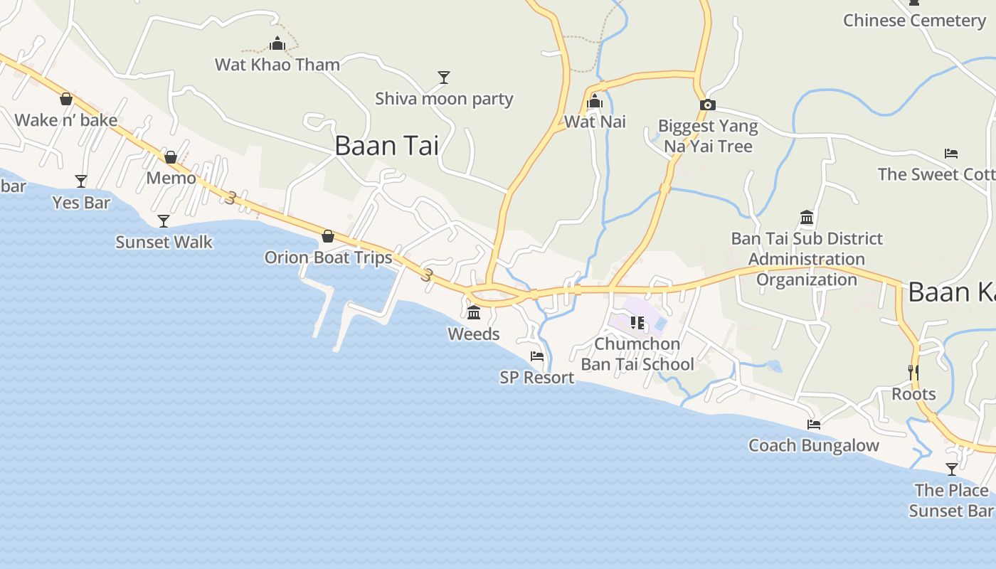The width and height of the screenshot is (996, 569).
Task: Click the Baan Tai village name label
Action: point(386,146)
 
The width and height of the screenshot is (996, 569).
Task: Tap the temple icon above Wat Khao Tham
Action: point(277,44)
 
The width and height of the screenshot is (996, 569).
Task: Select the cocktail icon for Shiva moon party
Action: point(444,77)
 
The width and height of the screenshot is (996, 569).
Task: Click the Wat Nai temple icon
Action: point(595,102)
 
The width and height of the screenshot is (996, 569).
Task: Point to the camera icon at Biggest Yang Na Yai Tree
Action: point(707,105)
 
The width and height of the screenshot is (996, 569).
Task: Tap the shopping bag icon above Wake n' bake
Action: point(66,99)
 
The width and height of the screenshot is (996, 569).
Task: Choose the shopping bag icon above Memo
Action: point(171,157)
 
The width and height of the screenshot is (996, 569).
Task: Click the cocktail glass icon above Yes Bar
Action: point(81,181)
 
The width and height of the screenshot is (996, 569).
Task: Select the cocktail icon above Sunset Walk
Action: point(164,221)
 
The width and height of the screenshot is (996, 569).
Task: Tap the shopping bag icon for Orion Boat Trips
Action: point(328,236)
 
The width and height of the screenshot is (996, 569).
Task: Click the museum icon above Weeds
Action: point(474,312)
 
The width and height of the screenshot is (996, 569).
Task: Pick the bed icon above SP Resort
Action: point(537,356)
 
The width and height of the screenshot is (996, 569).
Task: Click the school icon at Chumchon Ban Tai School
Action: point(637,323)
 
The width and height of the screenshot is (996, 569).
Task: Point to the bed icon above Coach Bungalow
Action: point(814,425)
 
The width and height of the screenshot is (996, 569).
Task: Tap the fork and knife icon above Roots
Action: point(913,372)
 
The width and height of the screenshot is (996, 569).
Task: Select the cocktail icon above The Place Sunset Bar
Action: point(952,469)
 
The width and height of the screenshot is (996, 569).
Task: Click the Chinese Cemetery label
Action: point(915,21)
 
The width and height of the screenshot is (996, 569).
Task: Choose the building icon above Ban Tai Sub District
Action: point(807,217)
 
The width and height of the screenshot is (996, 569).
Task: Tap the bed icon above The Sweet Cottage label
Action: point(951,153)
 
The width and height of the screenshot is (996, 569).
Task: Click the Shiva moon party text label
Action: point(444,99)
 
